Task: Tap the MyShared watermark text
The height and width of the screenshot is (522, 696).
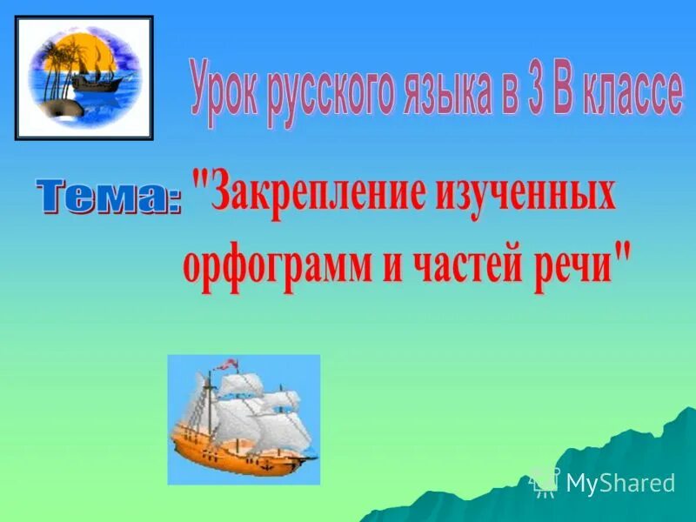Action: (x=619, y=483)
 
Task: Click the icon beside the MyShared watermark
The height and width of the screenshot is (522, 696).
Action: (x=545, y=482)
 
